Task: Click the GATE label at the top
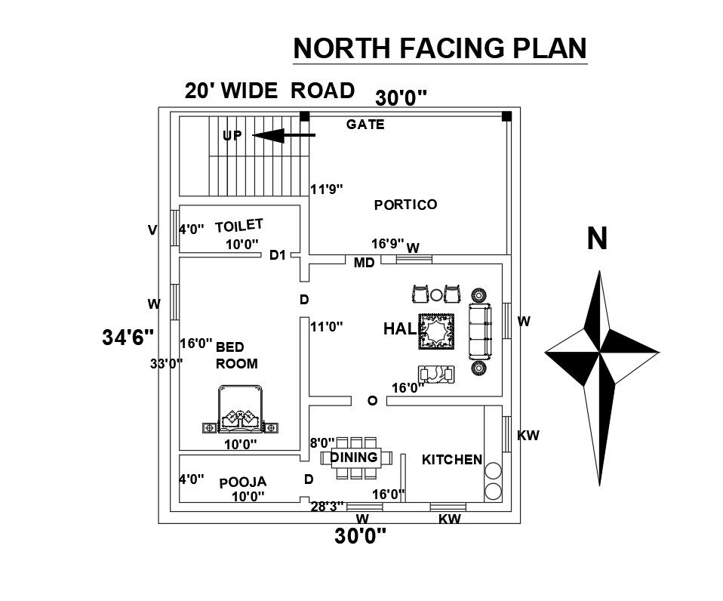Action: pos(365,125)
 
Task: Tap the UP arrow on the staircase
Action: pos(284,136)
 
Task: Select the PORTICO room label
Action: pos(405,205)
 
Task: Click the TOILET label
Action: pos(238,226)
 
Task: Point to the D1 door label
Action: pos(278,255)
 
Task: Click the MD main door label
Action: pos(364,263)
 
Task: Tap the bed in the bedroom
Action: pos(240,409)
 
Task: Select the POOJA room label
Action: pos(243,482)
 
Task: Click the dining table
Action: pos(356,458)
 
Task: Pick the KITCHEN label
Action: pos(452,459)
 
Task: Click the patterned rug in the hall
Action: pos(437,331)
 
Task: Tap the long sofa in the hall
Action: pos(480,331)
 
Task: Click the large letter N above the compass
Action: pos(597,239)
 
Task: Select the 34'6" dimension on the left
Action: pos(128,337)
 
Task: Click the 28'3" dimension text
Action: pos(327,507)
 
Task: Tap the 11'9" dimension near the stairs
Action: pos(327,189)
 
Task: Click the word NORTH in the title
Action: pos(342,48)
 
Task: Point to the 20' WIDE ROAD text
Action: pos(269,91)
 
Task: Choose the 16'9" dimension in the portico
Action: pos(388,244)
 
